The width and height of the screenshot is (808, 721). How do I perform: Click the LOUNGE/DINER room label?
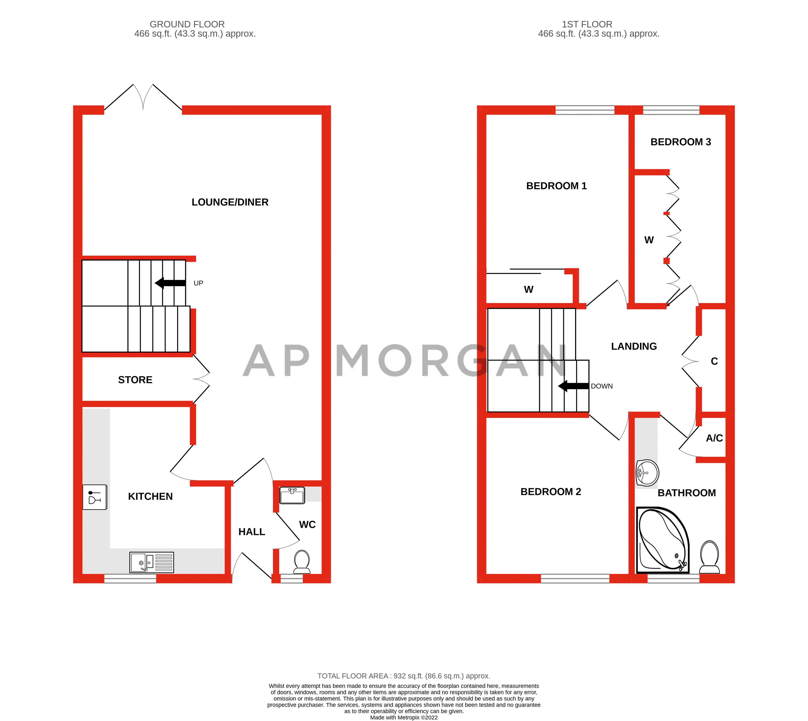pyautogui.click(x=230, y=202)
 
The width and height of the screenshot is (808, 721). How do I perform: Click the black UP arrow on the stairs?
pyautogui.click(x=170, y=283)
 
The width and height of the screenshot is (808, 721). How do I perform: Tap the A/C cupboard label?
pyautogui.click(x=714, y=438)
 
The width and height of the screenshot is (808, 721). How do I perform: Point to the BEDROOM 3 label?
pyautogui.click(x=681, y=142)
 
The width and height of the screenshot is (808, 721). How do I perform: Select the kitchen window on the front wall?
pyautogui.click(x=130, y=579)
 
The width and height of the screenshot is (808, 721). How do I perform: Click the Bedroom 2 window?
pyautogui.click(x=575, y=579)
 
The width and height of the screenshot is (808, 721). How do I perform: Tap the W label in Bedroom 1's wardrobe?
pyautogui.click(x=529, y=290)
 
